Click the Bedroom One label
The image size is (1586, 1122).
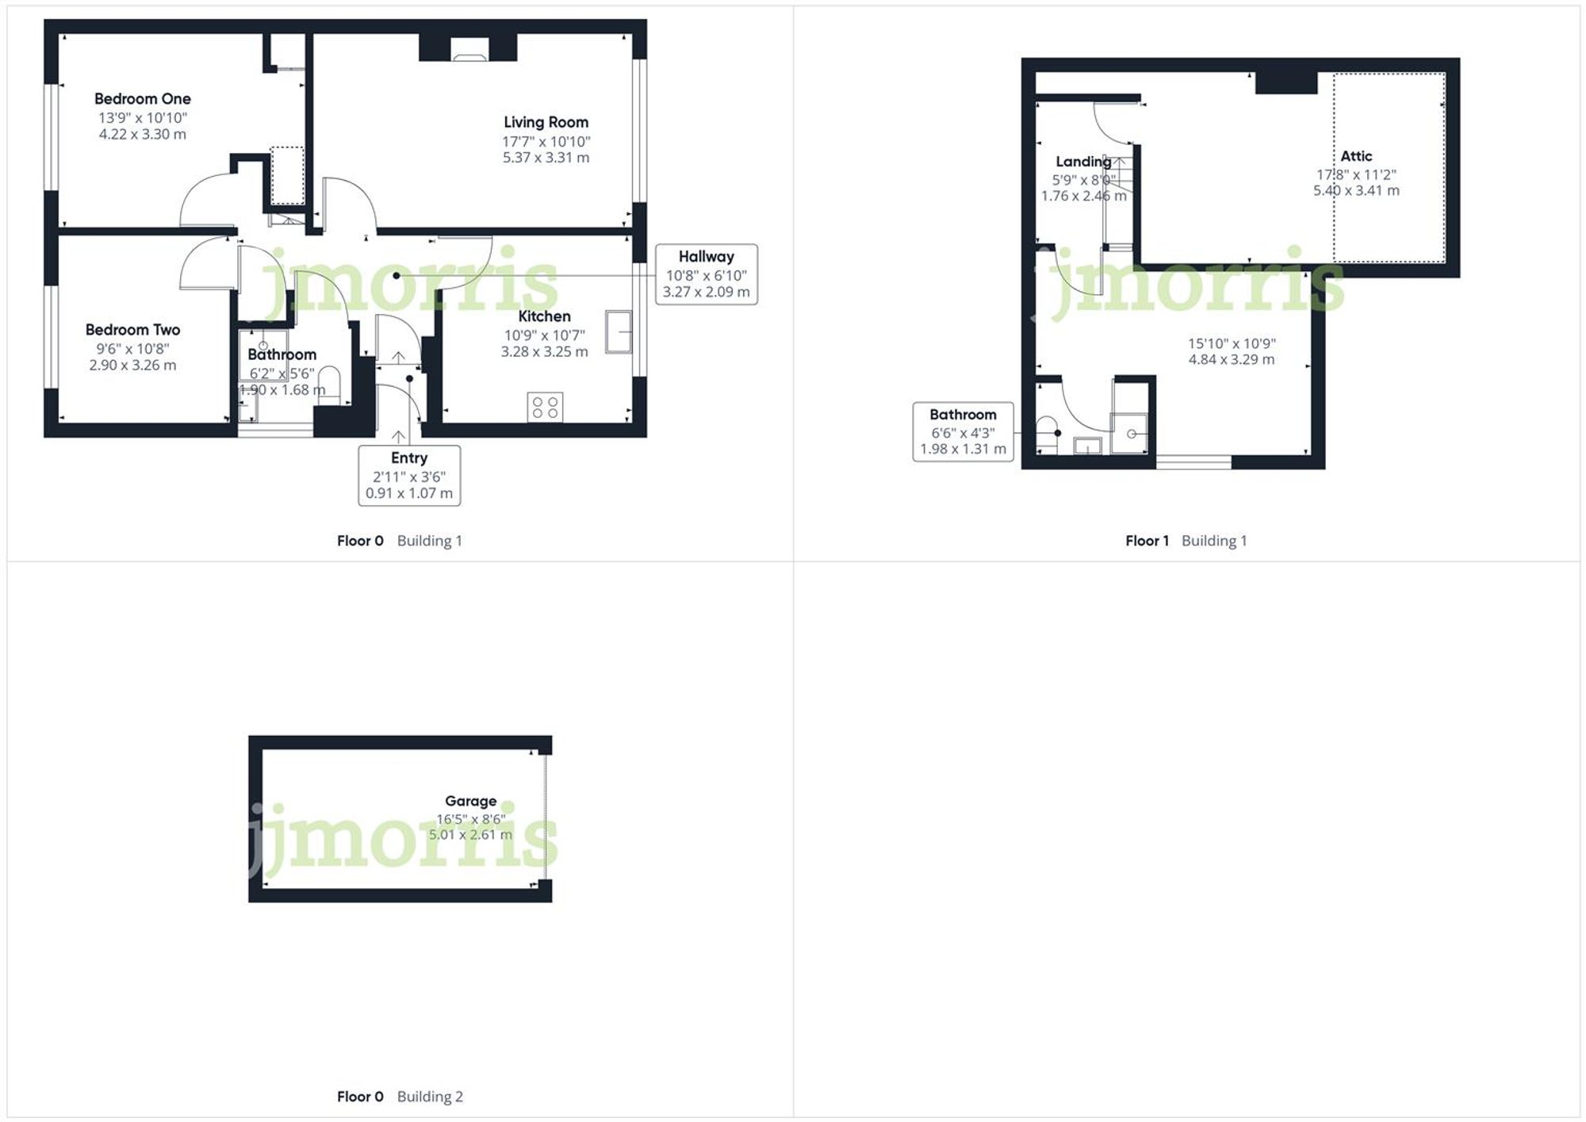(x=143, y=99)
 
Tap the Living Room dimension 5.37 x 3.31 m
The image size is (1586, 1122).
(x=546, y=158)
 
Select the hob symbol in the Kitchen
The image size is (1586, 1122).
(x=545, y=407)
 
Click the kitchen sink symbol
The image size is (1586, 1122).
(x=619, y=331)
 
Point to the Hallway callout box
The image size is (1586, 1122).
(x=706, y=274)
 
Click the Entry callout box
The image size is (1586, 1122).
(x=409, y=475)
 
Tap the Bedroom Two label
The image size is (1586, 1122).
(x=132, y=330)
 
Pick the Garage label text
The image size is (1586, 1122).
(x=470, y=801)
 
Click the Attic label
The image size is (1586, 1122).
(x=1356, y=156)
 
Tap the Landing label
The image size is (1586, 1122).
(x=1083, y=162)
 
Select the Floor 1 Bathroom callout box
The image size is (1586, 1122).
(x=963, y=432)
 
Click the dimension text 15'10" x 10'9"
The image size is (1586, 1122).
(x=1232, y=343)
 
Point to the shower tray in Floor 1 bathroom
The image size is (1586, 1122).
(x=1129, y=433)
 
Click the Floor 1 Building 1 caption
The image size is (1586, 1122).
(x=1186, y=541)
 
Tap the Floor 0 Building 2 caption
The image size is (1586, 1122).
(x=400, y=1097)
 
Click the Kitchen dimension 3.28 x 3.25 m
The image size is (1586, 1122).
(x=544, y=352)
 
